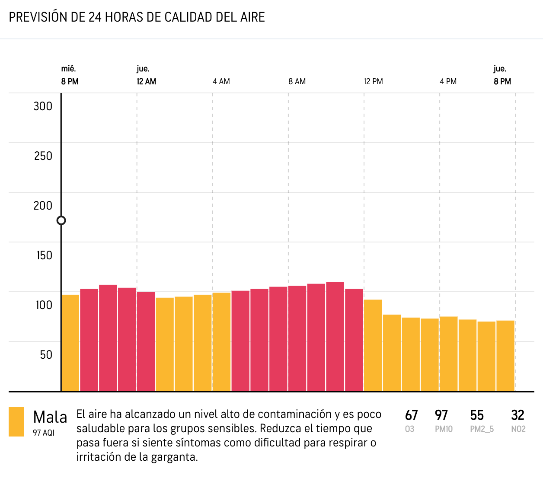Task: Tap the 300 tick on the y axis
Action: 43,106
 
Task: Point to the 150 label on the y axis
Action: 44,255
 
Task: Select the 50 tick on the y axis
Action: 46,355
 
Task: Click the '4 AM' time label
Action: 221,82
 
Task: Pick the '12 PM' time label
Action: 373,82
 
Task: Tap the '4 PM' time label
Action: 448,82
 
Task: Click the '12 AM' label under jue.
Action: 147,82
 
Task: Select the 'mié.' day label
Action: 68,69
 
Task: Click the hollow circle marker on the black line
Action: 61,220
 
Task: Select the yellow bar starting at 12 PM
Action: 373,345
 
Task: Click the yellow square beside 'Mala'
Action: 16,422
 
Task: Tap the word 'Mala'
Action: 50,417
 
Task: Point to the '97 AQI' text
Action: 44,433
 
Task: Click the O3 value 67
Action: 411,415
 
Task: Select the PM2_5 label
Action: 482,429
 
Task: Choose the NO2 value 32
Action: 517,415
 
